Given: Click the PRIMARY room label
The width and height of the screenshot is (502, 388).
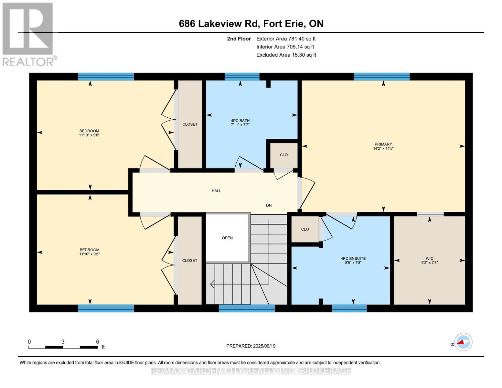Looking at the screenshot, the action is tap(383, 144).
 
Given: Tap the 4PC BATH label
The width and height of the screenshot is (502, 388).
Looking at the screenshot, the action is tap(240, 121).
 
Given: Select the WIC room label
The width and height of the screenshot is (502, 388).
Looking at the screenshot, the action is tap(430, 258).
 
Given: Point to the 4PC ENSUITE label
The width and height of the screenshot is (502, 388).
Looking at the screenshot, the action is tap(353, 258).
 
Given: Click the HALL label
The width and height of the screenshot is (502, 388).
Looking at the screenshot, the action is tap(216, 191).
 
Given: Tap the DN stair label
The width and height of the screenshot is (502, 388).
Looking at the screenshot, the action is tap(269, 205).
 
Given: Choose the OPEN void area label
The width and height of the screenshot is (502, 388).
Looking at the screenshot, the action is tap(227, 238).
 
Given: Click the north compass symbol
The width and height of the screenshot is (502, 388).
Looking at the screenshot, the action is tap(463, 342).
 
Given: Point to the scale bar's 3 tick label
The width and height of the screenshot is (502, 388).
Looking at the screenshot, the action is tap(63, 341).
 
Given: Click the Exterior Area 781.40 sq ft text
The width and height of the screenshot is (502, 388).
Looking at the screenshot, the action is tap(286, 39).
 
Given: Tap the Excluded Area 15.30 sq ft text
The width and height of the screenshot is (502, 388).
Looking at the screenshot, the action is tap(286, 55).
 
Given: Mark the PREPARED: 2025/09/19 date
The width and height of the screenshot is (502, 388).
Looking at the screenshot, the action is tap(251, 346).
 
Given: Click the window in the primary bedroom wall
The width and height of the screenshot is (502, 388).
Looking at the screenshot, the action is tap(382, 77).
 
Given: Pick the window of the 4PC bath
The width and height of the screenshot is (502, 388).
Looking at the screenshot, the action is tap(242, 77).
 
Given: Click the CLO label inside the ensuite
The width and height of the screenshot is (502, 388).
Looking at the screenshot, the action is tap(305, 229).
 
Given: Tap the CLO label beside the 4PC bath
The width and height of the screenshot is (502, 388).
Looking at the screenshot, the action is tap(284, 155).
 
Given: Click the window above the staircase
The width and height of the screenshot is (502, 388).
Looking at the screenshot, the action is tap(247, 308).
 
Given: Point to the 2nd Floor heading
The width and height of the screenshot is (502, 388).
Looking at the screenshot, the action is tap(239, 39).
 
